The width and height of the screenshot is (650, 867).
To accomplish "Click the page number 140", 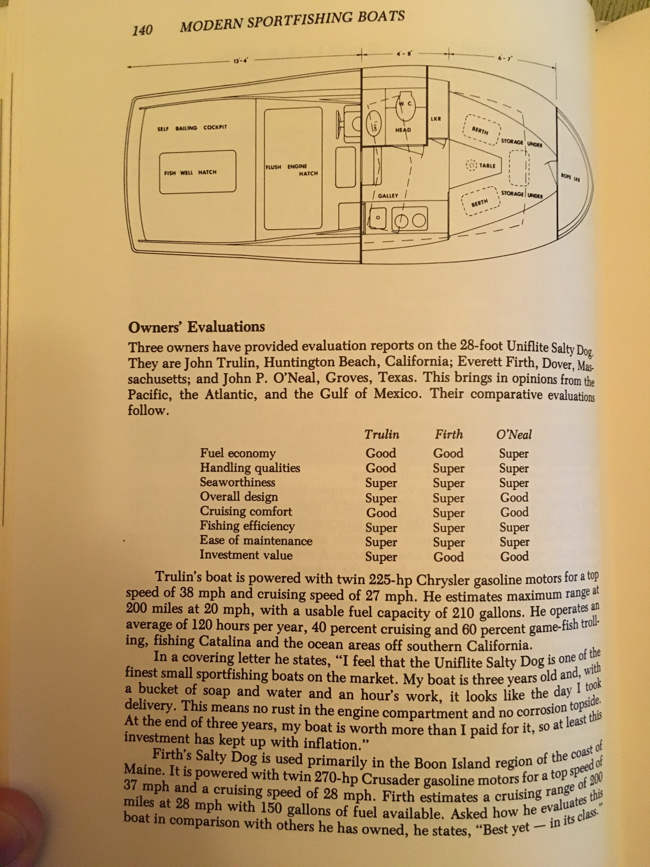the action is point(142,30).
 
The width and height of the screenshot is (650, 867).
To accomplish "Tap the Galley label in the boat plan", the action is point(388,195).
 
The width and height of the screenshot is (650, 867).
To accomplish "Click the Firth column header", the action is point(449,434).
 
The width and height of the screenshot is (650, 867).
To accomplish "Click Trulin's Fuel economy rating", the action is point(381,453).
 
